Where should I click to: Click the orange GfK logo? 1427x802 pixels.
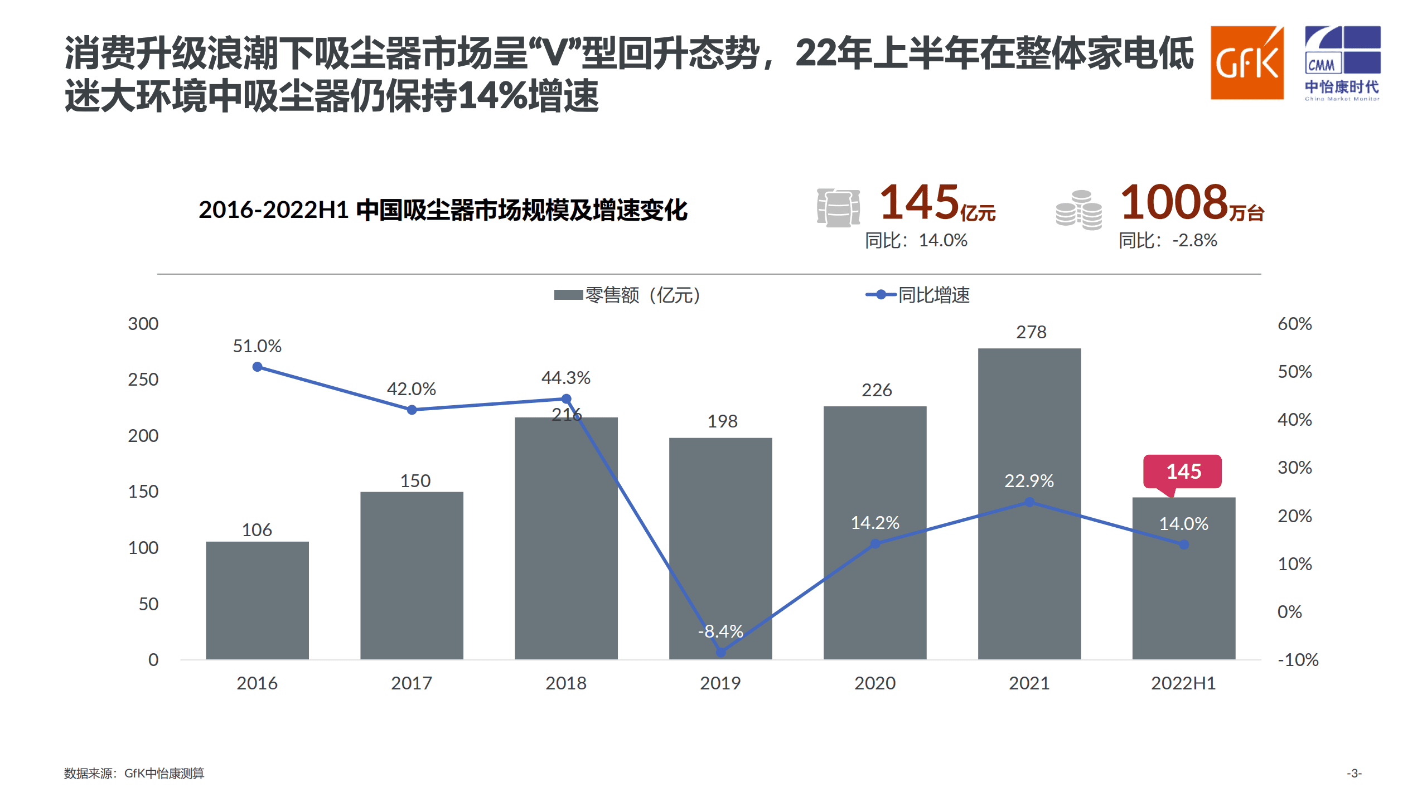click(x=1246, y=62)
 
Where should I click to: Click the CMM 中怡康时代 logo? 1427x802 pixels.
click(x=1342, y=62)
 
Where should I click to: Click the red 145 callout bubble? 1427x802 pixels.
click(x=1182, y=472)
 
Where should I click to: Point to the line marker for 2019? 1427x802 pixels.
click(x=720, y=652)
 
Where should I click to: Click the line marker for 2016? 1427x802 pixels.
click(x=257, y=367)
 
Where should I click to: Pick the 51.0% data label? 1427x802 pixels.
click(x=257, y=346)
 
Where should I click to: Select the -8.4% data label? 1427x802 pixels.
click(x=720, y=631)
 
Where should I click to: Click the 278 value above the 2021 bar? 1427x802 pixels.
click(x=1031, y=332)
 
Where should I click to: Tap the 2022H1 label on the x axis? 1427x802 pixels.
click(x=1183, y=683)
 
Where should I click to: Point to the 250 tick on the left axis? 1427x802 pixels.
click(x=143, y=380)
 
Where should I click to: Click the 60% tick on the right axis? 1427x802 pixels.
click(x=1294, y=324)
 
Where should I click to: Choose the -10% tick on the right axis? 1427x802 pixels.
click(x=1298, y=660)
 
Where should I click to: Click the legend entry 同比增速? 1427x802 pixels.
click(x=918, y=295)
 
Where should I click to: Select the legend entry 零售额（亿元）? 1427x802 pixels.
click(x=627, y=295)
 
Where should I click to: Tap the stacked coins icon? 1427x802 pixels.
click(x=1078, y=210)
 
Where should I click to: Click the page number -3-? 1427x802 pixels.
click(x=1354, y=773)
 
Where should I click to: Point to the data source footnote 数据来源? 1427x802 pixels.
click(x=134, y=773)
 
